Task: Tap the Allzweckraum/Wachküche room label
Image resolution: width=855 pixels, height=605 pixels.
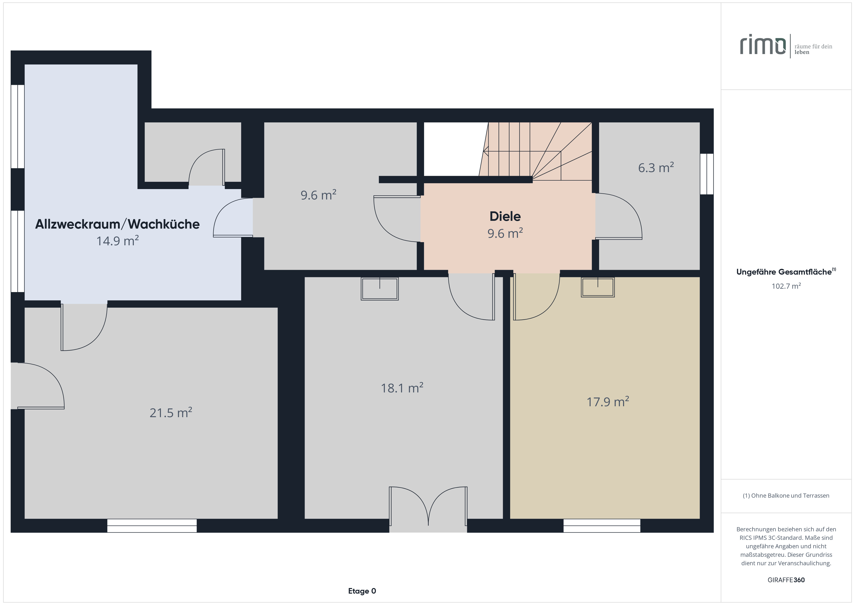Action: point(117,224)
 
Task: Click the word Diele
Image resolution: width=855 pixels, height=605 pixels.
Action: point(505,216)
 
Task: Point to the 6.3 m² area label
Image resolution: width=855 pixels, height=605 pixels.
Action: point(656,168)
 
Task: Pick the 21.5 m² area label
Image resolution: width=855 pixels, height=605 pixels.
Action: point(171,412)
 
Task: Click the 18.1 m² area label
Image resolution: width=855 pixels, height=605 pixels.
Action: point(402,388)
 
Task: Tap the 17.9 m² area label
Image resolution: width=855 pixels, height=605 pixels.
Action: point(608,402)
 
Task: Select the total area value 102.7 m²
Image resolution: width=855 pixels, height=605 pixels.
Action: point(786,286)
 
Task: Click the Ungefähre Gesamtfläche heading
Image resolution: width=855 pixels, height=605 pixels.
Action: point(786,271)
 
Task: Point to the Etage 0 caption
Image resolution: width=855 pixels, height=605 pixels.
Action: point(362,591)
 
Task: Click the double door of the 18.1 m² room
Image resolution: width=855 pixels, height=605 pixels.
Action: point(428,509)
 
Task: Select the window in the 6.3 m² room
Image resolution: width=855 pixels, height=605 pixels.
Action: point(707,174)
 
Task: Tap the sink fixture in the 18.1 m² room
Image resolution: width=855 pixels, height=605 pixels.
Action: point(380,289)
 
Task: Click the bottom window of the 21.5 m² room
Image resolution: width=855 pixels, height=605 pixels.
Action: point(152,525)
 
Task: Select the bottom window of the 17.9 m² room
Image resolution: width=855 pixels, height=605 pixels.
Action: point(602,525)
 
